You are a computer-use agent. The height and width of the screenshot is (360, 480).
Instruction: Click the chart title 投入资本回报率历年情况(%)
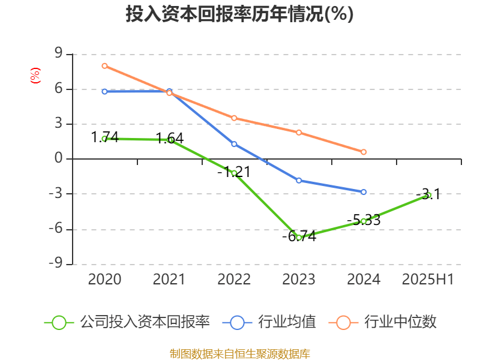(x=239, y=14)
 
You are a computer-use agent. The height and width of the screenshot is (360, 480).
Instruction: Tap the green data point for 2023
(x=299, y=238)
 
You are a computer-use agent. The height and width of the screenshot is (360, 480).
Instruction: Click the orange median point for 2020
(x=104, y=66)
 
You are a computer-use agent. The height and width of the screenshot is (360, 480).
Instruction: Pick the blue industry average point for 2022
(x=234, y=144)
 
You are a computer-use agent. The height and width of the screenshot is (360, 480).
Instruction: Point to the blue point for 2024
(x=364, y=192)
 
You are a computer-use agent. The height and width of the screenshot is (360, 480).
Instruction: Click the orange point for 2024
(x=364, y=152)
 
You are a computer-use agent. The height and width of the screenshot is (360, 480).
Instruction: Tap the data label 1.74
(x=104, y=137)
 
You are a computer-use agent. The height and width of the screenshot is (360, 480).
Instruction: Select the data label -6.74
(x=299, y=236)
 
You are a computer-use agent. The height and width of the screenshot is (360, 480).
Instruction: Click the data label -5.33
(x=364, y=220)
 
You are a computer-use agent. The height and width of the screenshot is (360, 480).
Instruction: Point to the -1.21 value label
(x=233, y=172)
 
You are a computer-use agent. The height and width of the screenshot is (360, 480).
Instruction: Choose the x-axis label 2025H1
(x=428, y=280)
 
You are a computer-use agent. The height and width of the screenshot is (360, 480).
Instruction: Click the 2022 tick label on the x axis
(x=234, y=280)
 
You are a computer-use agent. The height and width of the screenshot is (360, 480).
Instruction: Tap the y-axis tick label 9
(x=59, y=54)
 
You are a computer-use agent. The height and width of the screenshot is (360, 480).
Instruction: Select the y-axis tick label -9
(x=56, y=264)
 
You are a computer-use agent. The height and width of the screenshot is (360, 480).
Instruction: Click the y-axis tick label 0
(x=59, y=159)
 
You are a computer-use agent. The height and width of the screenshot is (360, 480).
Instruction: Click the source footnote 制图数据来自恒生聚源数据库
(x=240, y=353)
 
